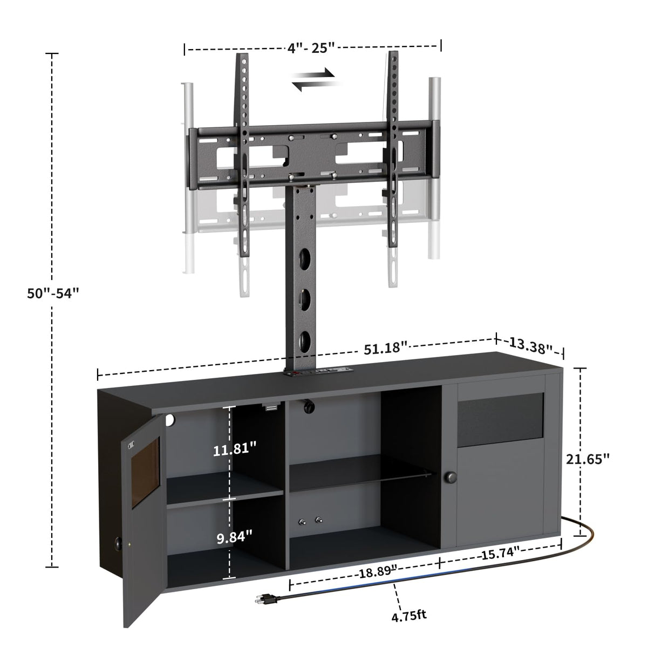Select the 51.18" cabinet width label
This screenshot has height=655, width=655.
tap(384, 348)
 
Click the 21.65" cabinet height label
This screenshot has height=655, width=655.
tap(588, 459)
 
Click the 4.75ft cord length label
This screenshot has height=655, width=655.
tap(408, 615)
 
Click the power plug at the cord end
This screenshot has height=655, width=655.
tap(264, 598)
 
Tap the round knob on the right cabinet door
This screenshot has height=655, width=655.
tap(451, 477)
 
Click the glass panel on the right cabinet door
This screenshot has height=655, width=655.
tap(500, 415)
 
